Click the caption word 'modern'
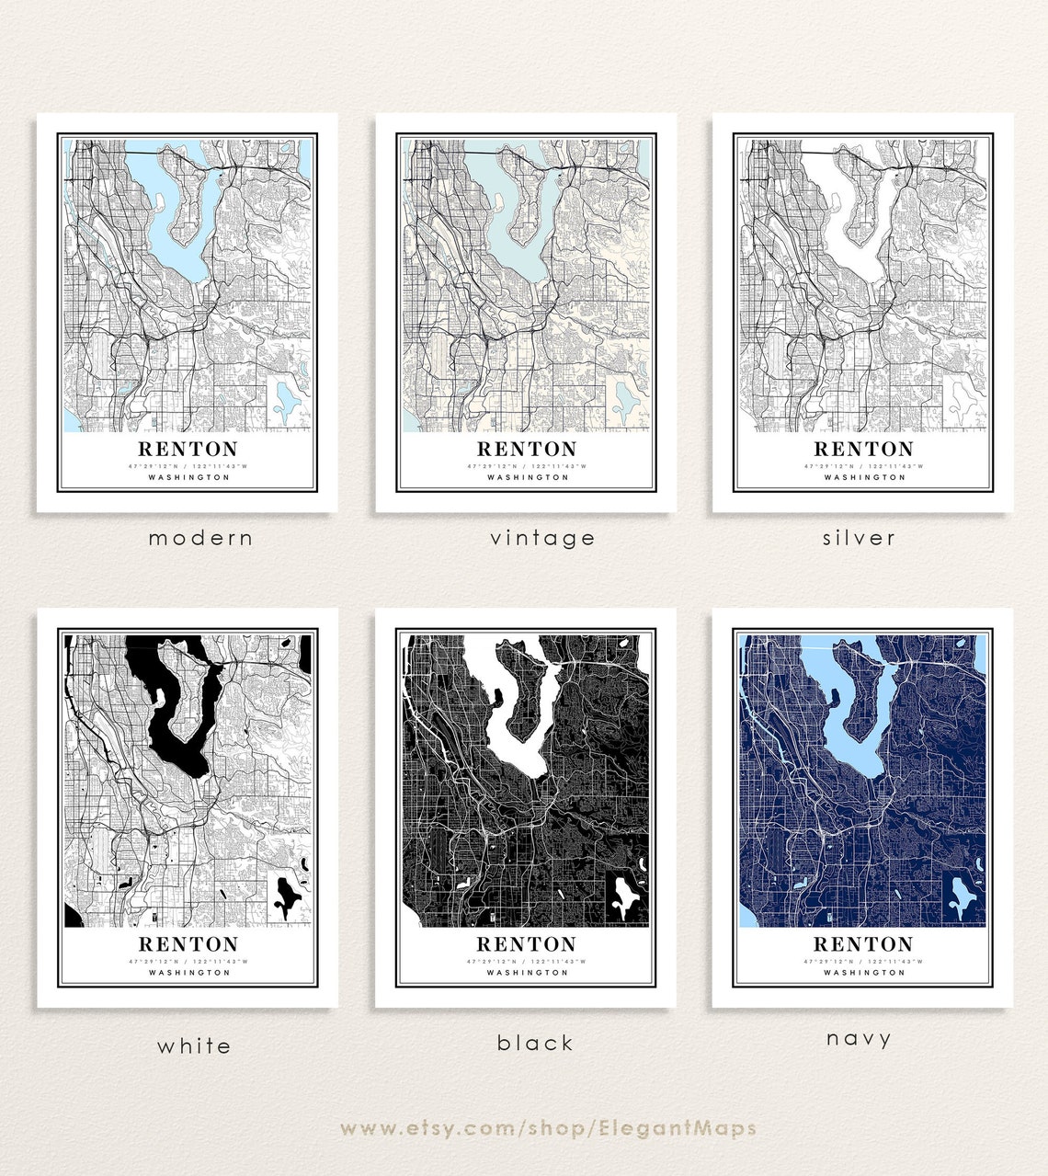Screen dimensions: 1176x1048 click(x=200, y=538)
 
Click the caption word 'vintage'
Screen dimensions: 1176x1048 click(x=542, y=538)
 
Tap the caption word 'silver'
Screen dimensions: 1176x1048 click(x=859, y=538)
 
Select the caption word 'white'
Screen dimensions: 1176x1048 click(x=194, y=1045)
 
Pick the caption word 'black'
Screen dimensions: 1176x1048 click(x=535, y=1043)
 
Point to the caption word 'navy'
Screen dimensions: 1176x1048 click(x=859, y=1039)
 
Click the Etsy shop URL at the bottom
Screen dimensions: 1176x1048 click(x=548, y=1128)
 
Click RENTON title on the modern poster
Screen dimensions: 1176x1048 click(x=188, y=449)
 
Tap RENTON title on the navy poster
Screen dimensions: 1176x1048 click(x=863, y=943)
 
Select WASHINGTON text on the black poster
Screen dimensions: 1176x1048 click(x=527, y=972)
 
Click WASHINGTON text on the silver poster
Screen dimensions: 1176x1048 click(x=863, y=477)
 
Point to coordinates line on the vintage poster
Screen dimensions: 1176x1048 click(x=527, y=466)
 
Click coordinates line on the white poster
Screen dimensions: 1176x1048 click(x=188, y=961)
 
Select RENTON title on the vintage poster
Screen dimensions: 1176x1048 click(x=527, y=449)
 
